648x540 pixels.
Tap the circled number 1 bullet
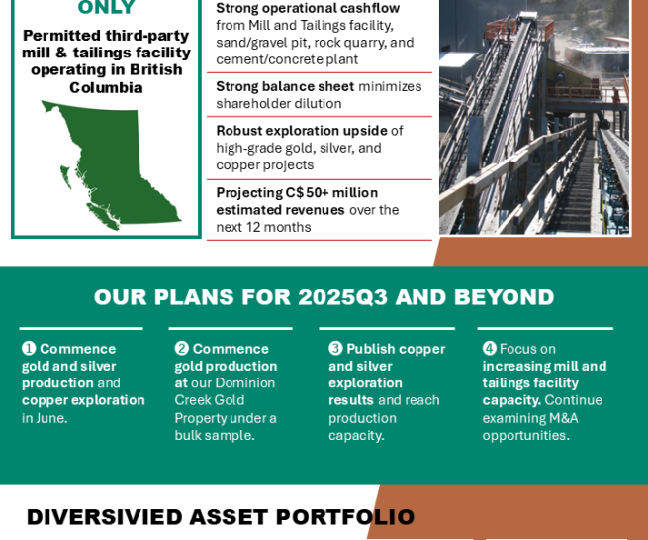[x=29, y=349]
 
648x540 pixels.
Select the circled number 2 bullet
[x=181, y=349]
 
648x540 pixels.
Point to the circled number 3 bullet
[x=335, y=349]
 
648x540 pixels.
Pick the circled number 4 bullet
[x=490, y=349]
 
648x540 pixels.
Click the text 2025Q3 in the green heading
[x=342, y=297]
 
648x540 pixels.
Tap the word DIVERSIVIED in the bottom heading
[x=104, y=517]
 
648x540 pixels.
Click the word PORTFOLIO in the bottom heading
[x=345, y=517]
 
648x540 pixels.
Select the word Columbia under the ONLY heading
[x=106, y=88]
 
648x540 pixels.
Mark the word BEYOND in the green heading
[x=504, y=297]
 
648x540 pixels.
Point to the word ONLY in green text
[x=106, y=7]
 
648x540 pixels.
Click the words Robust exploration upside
[x=302, y=131]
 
